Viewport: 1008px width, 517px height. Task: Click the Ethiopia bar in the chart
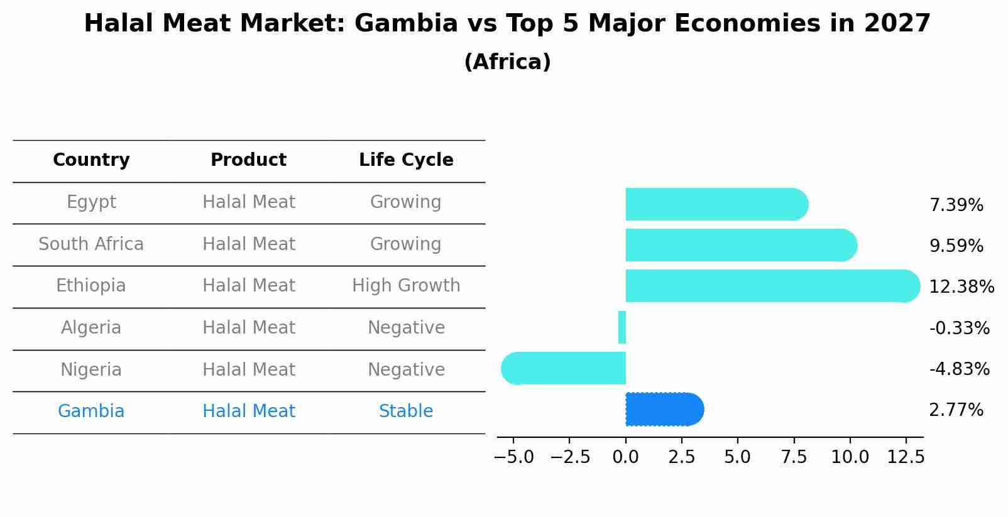[772, 286]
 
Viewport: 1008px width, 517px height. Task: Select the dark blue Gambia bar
[664, 410]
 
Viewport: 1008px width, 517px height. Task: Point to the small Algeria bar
[622, 327]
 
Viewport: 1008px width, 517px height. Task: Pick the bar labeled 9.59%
[740, 245]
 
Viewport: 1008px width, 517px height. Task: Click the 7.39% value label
[956, 205]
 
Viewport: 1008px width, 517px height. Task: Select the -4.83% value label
[959, 369]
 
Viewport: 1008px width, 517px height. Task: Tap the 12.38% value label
[961, 287]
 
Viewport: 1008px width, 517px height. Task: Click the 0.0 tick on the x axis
[625, 457]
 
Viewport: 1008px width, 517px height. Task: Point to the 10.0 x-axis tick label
[850, 457]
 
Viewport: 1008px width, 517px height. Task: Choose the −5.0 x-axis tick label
[513, 457]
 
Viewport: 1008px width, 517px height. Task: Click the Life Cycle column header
[406, 160]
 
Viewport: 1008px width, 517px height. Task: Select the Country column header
[91, 160]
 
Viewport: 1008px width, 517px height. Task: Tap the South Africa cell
[91, 244]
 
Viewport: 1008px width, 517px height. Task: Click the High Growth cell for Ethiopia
[406, 286]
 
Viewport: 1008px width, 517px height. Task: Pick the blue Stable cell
[406, 411]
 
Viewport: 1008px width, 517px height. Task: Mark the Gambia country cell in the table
[91, 411]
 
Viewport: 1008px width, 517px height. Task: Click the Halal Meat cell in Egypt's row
[248, 202]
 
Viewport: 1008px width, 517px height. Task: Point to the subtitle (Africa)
[507, 62]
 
